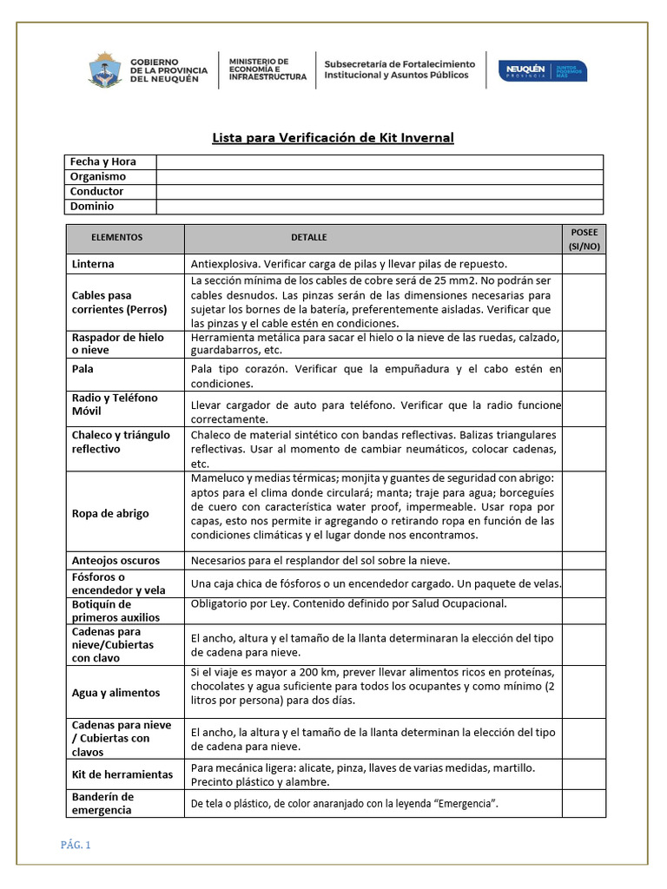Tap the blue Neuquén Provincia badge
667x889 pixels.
coord(541,70)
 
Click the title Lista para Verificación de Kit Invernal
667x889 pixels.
coord(333,137)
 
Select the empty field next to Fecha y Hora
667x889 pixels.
coord(380,161)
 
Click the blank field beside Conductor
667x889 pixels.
coord(380,191)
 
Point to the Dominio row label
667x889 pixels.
coord(92,207)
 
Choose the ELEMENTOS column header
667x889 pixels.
coord(116,237)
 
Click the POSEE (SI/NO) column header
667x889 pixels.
coord(583,239)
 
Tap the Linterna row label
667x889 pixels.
coord(93,263)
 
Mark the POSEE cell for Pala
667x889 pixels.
coord(583,376)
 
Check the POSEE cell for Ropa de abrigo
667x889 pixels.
coord(583,512)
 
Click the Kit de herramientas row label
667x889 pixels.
coord(122,774)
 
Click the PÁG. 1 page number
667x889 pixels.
coord(76,846)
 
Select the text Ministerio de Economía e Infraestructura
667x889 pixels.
coord(267,69)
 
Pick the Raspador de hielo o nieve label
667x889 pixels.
coord(117,345)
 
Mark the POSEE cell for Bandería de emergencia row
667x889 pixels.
coord(583,804)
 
